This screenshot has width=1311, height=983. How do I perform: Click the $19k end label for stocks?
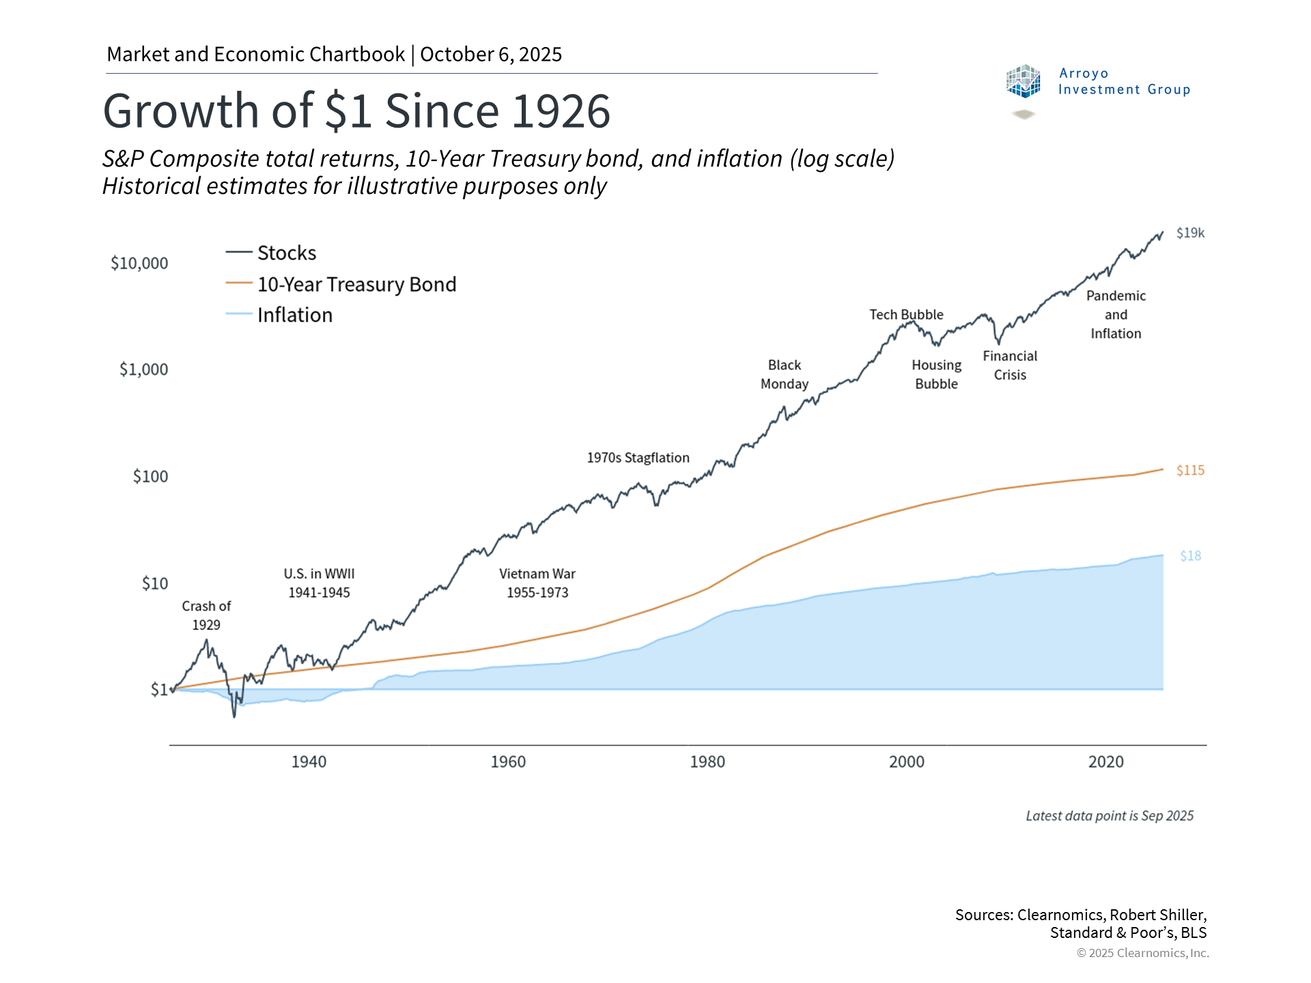tap(1190, 233)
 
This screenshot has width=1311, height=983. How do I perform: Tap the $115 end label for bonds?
tap(1190, 470)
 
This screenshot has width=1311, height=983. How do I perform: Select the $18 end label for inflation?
tap(1190, 556)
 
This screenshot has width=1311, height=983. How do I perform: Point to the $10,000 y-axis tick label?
tap(139, 263)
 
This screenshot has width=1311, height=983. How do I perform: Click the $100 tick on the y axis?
tap(150, 476)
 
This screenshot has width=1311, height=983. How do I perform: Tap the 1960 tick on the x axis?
tap(508, 762)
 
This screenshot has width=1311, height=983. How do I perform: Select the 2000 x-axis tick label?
tap(906, 762)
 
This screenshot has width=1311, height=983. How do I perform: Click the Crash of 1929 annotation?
tap(206, 615)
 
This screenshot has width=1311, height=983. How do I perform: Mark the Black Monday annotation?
tap(785, 374)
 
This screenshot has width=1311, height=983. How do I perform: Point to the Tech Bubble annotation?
tap(906, 315)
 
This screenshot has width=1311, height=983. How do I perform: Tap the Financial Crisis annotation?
tap(1010, 365)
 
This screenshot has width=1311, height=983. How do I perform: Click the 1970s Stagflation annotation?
tap(638, 457)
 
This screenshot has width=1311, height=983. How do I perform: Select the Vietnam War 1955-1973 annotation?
tap(537, 583)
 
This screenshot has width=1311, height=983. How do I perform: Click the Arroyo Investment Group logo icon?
tap(1023, 82)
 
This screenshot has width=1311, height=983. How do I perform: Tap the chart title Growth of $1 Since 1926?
tap(356, 111)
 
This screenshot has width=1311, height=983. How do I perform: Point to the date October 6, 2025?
tap(491, 55)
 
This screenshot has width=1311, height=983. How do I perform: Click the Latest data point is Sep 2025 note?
tap(1110, 816)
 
